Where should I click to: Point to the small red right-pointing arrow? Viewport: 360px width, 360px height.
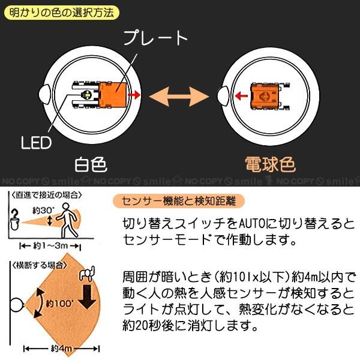tap(137, 94)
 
